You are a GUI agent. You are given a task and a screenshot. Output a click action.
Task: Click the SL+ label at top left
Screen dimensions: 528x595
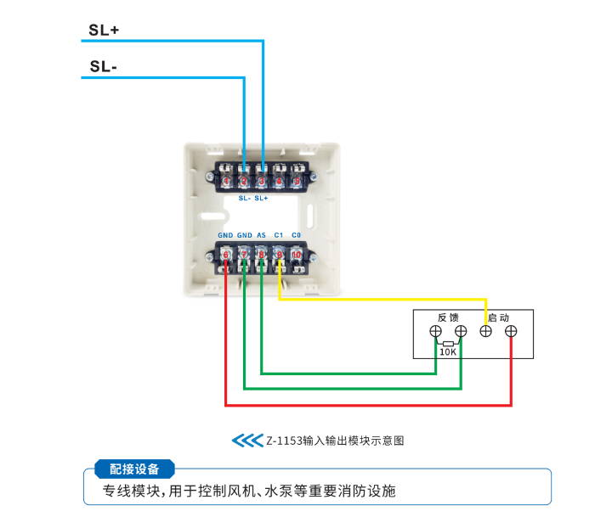tap(104, 30)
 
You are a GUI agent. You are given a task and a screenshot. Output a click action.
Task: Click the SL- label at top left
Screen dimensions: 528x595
tap(102, 67)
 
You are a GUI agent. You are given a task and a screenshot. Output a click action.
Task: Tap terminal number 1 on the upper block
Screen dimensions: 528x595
tap(226, 181)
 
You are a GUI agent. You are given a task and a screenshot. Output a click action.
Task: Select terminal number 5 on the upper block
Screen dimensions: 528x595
tap(297, 181)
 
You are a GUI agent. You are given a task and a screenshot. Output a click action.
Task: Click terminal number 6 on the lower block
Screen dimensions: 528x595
tap(226, 254)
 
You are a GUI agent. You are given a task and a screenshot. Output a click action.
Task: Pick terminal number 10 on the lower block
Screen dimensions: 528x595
tap(297, 254)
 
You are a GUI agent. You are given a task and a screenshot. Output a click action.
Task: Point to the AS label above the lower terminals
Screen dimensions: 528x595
tap(261, 235)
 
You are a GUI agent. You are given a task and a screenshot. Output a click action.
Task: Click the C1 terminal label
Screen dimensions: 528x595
tap(279, 235)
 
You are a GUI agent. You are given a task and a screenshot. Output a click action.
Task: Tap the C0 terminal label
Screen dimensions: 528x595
tap(297, 235)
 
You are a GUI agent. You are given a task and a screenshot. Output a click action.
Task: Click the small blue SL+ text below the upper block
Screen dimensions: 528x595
tap(261, 198)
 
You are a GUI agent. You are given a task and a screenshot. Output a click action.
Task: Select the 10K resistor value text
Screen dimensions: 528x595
tap(448, 351)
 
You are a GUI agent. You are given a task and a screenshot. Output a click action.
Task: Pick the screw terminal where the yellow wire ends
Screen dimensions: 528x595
tap(486, 331)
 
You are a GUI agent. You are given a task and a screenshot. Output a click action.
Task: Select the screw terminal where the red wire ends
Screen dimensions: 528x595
tap(511, 331)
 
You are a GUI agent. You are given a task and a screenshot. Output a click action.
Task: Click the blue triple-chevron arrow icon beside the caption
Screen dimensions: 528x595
tap(247, 441)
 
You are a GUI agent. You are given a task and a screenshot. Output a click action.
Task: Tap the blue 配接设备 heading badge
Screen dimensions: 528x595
tap(134, 469)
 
